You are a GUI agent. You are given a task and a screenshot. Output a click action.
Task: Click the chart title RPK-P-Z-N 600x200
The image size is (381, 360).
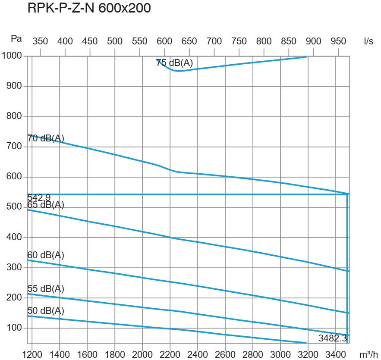point(89,9)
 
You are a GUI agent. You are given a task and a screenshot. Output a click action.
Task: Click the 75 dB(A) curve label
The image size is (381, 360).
point(174,63)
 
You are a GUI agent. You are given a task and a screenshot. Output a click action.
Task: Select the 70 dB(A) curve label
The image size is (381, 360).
point(46,138)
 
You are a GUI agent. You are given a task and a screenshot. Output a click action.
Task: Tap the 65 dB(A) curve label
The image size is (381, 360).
point(46,205)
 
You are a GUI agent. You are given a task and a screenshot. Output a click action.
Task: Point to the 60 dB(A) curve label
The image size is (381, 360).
point(46,255)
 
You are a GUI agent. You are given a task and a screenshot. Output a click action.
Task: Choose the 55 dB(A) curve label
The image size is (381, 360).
point(46,288)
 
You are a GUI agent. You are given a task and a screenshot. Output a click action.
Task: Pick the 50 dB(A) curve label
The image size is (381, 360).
point(46,311)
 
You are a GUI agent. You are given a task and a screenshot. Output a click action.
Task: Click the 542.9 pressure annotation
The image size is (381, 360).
point(39,197)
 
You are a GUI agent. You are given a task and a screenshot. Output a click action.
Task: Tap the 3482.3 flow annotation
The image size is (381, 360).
point(333,338)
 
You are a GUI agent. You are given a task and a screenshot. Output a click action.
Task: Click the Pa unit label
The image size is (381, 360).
point(16,39)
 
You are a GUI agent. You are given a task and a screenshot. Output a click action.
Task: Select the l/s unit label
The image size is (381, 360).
point(368,41)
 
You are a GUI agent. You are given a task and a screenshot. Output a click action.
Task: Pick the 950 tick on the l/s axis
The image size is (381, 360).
point(338,41)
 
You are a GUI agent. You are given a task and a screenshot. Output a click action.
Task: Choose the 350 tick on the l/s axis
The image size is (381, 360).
point(41,41)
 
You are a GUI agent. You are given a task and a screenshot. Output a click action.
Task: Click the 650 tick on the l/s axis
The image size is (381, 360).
point(189,41)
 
